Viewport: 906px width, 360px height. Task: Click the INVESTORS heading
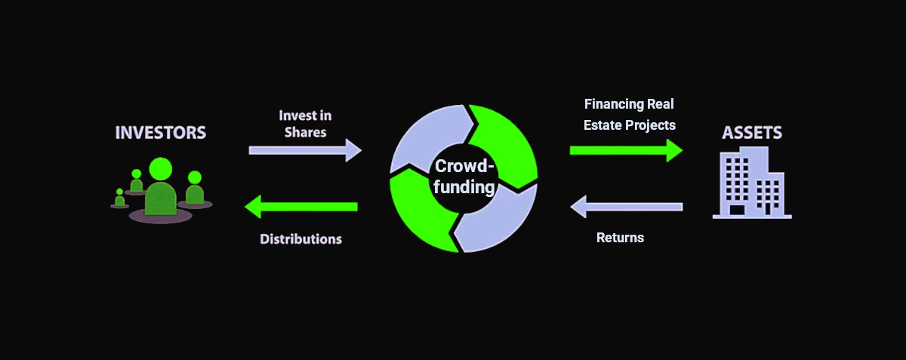click(x=160, y=133)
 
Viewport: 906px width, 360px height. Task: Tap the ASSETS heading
click(x=752, y=133)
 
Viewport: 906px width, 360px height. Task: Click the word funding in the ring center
click(x=464, y=187)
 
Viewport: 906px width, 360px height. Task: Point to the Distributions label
click(x=300, y=239)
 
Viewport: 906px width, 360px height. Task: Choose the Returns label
click(x=620, y=238)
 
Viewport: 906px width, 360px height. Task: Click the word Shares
click(x=305, y=132)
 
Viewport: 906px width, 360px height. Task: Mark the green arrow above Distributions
click(x=301, y=205)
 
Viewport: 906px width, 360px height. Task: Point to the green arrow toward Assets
click(x=626, y=150)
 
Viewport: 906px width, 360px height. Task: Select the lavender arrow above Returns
click(x=626, y=205)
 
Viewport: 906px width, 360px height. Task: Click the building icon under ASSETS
click(x=751, y=183)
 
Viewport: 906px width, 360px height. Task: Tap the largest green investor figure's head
click(x=161, y=168)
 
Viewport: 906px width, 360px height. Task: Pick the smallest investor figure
click(x=119, y=198)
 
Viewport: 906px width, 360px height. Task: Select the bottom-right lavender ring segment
click(x=502, y=223)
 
